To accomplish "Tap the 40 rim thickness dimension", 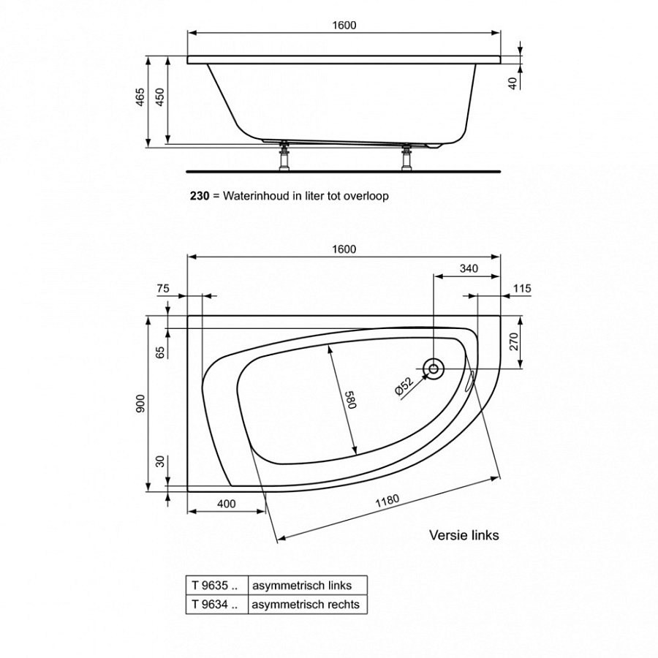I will (x=513, y=83).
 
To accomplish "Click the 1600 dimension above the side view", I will (x=344, y=25).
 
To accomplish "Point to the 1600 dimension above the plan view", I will (x=344, y=249).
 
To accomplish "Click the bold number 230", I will (x=200, y=196).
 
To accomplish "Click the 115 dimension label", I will (x=521, y=289).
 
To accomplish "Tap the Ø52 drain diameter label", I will (x=404, y=385).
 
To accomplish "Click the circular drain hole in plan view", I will (x=434, y=369).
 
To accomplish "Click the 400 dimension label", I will (x=226, y=504).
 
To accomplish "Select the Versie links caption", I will (x=464, y=535).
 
